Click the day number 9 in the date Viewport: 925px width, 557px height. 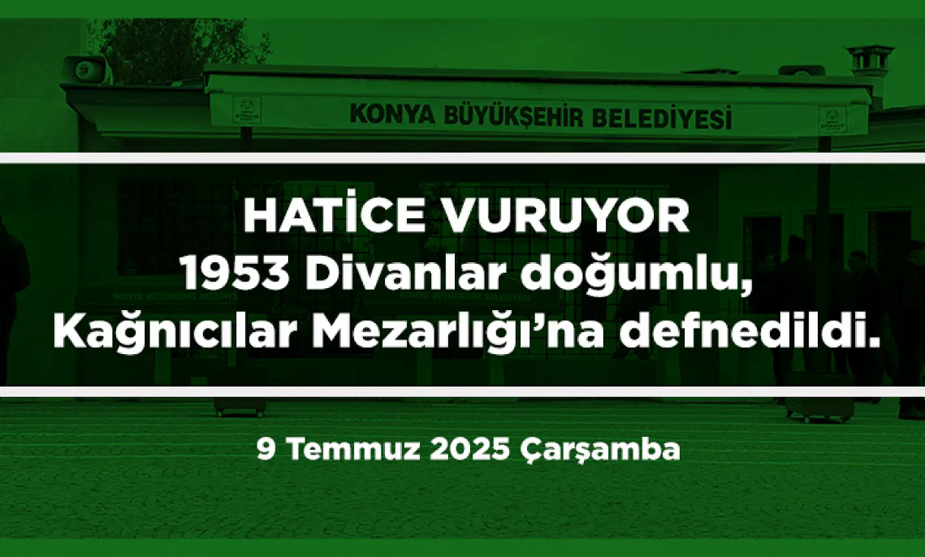pyautogui.click(x=266, y=450)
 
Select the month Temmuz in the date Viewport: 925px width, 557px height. pyautogui.click(x=355, y=450)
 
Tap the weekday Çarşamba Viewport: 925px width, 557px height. pyautogui.click(x=600, y=451)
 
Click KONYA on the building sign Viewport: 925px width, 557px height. pyautogui.click(x=392, y=114)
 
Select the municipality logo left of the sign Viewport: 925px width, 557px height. pyautogui.click(x=246, y=111)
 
